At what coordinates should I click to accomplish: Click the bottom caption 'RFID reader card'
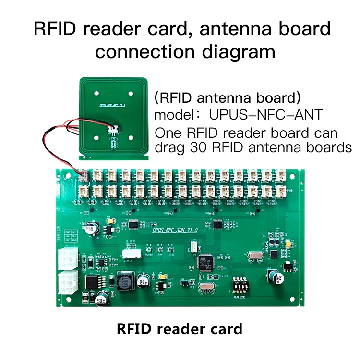pyautogui.click(x=180, y=330)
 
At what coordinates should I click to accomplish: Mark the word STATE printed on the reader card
pyautogui.click(x=172, y=255)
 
